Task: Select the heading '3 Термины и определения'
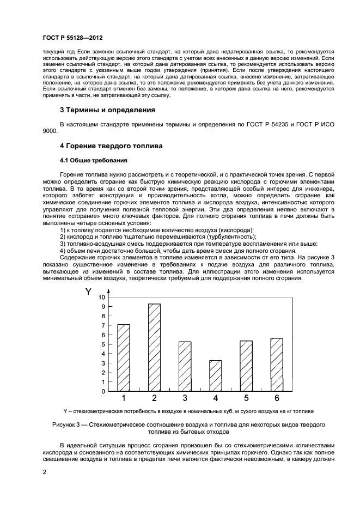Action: click(x=107, y=110)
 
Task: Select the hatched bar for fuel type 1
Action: click(x=124, y=357)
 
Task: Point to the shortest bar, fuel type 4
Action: click(x=216, y=375)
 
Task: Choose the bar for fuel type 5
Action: click(x=246, y=366)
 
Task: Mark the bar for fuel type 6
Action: click(x=277, y=365)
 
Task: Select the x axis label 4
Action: click(x=216, y=398)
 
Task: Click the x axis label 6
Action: click(x=277, y=398)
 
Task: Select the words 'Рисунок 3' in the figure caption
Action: click(x=68, y=424)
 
